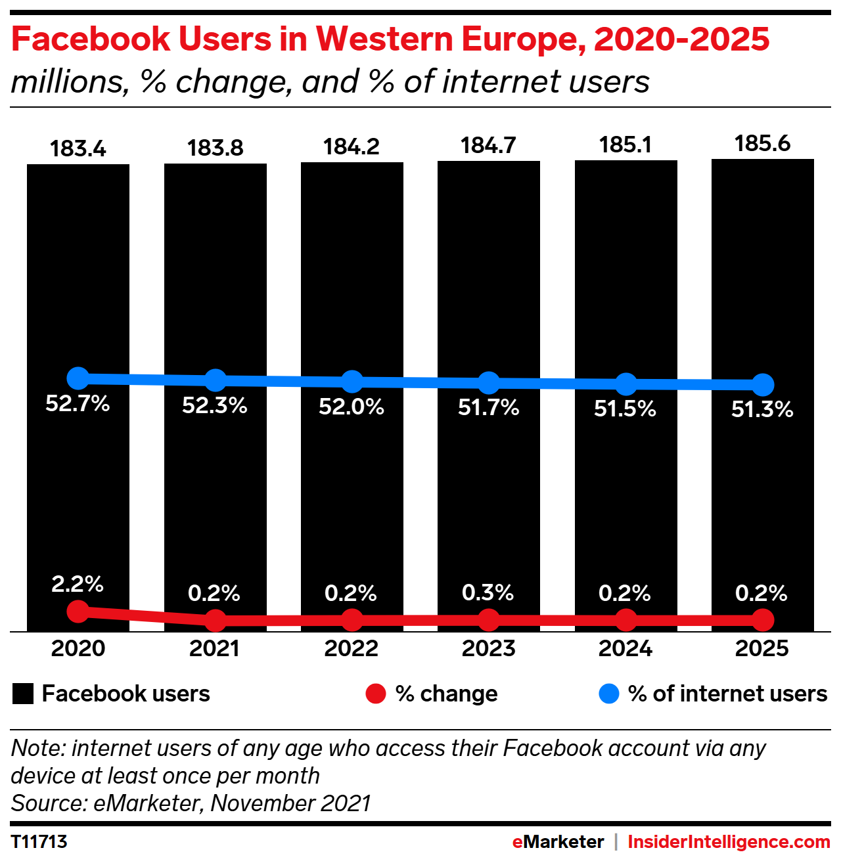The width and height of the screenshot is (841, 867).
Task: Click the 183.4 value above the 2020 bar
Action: click(78, 149)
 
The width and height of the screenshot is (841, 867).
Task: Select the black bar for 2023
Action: click(489, 276)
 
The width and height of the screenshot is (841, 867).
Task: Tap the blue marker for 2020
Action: click(78, 378)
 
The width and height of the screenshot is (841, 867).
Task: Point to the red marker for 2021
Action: click(216, 619)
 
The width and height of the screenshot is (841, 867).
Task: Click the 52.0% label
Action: click(352, 407)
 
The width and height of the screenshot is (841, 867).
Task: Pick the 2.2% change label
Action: click(78, 584)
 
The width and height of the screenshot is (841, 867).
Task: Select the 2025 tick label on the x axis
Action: click(761, 648)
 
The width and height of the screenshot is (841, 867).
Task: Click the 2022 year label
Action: click(352, 648)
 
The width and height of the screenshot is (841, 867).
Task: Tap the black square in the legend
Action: click(23, 694)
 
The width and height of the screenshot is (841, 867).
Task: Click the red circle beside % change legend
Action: click(376, 694)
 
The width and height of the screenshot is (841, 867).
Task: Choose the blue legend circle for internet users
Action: click(609, 694)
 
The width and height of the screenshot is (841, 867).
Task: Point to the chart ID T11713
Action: click(39, 842)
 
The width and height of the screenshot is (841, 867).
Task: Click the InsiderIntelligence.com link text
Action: click(729, 842)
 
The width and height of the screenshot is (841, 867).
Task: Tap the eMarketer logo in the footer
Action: click(558, 842)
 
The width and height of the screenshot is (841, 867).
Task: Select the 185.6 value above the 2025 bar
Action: click(762, 144)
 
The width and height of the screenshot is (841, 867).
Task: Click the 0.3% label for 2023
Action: click(488, 592)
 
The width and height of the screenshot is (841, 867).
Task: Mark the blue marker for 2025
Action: click(763, 385)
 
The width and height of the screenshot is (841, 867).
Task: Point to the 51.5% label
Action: click(625, 409)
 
